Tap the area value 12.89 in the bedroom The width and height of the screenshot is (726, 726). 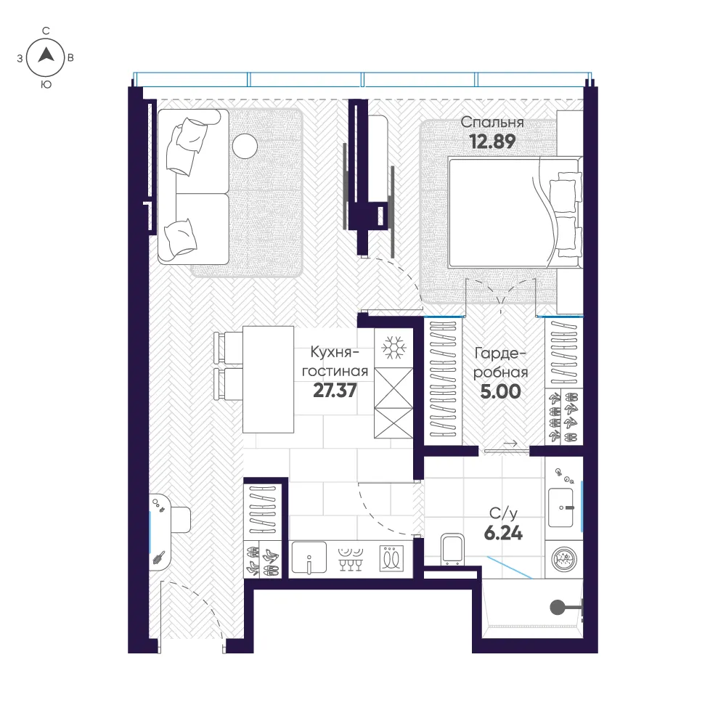coord(492,142)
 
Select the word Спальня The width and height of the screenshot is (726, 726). coord(492,122)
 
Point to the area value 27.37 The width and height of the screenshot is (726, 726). coord(335,391)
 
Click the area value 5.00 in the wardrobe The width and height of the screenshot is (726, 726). coord(500,392)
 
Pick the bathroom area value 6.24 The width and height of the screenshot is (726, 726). coord(503,534)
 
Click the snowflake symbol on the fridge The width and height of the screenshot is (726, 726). coord(393,347)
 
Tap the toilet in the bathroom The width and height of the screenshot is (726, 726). coord(452,549)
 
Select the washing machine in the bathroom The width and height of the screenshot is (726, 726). coord(563,559)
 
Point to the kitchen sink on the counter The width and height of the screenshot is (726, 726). coord(309,558)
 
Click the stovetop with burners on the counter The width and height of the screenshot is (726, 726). coord(392,558)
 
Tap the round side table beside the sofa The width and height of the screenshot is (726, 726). coord(245,147)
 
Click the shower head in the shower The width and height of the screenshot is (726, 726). coord(558,607)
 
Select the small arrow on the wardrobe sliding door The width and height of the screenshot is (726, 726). coord(510,444)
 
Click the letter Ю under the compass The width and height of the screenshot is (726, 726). coord(46,85)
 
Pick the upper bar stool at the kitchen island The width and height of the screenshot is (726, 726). coord(228,347)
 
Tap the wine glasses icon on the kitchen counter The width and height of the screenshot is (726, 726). coord(351,559)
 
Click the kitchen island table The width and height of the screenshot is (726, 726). coord(268,380)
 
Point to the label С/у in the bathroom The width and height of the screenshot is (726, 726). coord(503,513)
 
